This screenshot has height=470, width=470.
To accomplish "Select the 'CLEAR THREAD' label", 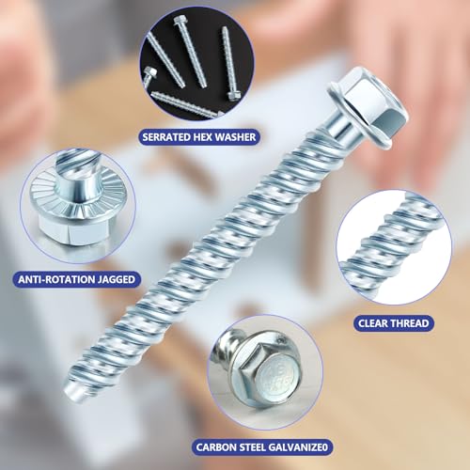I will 394,322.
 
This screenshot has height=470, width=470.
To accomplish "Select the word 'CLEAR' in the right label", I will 374,322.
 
